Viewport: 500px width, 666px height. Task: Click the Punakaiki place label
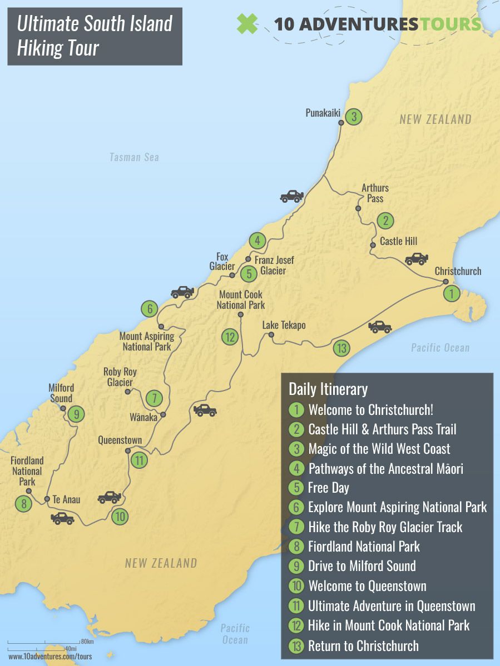(323, 113)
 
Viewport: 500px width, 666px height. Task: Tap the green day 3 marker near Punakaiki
(353, 117)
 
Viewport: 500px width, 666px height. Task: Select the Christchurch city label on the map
(458, 272)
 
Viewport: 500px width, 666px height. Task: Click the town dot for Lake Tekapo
(271, 335)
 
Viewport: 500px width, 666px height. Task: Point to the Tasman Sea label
(134, 157)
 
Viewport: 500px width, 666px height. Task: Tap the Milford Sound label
(61, 393)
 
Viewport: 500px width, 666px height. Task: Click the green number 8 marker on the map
(24, 504)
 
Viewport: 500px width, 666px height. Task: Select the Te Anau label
(66, 499)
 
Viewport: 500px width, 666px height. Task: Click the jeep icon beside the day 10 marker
(110, 497)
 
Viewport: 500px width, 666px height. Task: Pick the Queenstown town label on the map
(120, 440)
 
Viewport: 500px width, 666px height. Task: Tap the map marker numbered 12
(230, 337)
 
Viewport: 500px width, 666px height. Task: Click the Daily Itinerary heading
(328, 389)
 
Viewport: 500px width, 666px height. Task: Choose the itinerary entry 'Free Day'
(328, 488)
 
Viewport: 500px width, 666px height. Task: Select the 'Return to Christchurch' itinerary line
(363, 646)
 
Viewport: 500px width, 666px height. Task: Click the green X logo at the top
(247, 24)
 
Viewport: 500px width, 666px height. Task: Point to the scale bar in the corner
(50, 645)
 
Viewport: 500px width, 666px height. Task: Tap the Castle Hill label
(398, 242)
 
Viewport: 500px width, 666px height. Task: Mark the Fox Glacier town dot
(232, 275)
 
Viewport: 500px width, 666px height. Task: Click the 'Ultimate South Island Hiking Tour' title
(95, 36)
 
